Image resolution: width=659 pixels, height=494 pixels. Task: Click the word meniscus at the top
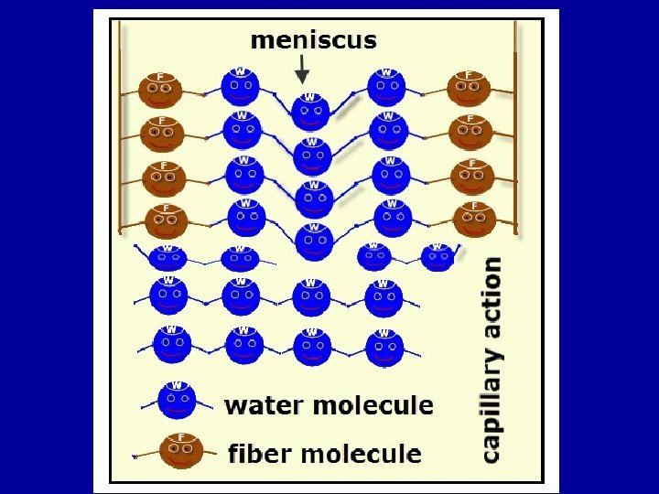coord(313,40)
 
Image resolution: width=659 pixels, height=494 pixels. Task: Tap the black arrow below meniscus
coord(303,70)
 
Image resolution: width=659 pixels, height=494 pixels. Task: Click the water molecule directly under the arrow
coord(310,111)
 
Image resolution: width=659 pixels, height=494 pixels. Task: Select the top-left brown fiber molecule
coord(161,89)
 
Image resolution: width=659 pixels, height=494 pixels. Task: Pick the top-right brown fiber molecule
coord(469,88)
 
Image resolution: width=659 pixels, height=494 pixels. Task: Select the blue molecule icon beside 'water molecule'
coord(178,401)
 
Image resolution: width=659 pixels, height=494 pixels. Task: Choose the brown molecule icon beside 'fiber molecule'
coord(180,450)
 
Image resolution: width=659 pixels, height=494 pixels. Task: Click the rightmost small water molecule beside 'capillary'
coord(437,257)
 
